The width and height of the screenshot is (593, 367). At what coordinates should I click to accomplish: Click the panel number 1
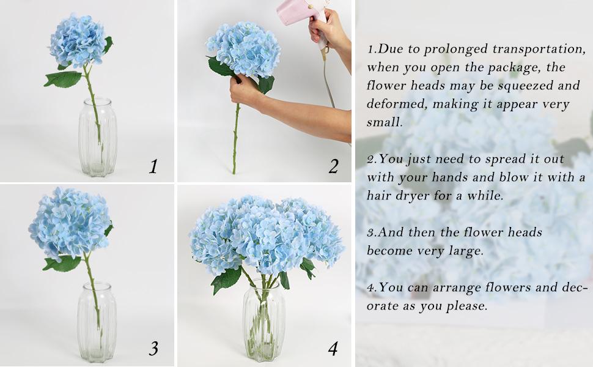153,166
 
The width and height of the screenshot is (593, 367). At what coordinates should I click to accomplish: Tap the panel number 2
333,166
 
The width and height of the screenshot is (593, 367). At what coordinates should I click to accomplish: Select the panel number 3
153,349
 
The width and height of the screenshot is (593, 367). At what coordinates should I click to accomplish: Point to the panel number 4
333,349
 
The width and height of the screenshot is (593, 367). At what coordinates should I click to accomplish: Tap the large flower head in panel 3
70,223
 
